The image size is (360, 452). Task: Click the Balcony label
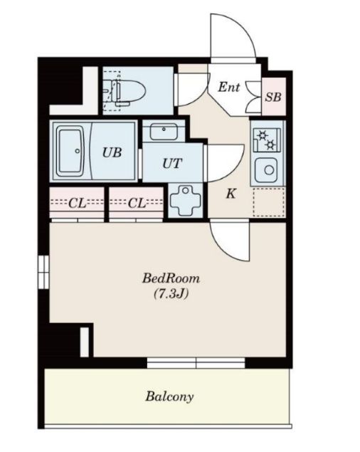(x=169, y=396)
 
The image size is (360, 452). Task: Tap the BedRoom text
(x=171, y=278)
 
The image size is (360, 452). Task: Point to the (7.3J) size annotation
(x=171, y=294)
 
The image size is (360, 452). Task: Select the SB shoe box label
(x=273, y=97)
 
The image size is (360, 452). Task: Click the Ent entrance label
(x=228, y=87)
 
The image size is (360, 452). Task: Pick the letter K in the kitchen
(x=231, y=194)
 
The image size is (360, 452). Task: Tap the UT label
(x=172, y=164)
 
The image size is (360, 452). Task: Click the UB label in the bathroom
(x=112, y=152)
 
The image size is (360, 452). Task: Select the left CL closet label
(x=78, y=204)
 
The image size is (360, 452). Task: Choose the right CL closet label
(x=137, y=204)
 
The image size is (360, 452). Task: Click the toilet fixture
(x=125, y=91)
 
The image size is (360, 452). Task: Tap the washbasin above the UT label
(x=164, y=132)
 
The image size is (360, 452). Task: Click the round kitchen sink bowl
(x=269, y=170)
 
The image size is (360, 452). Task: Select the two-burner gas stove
(x=267, y=140)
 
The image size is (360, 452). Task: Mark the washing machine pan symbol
(x=185, y=201)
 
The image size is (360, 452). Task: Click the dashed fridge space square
(x=269, y=202)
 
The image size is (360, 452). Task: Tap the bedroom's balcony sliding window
(x=196, y=363)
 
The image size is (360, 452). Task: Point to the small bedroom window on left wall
(x=43, y=272)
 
